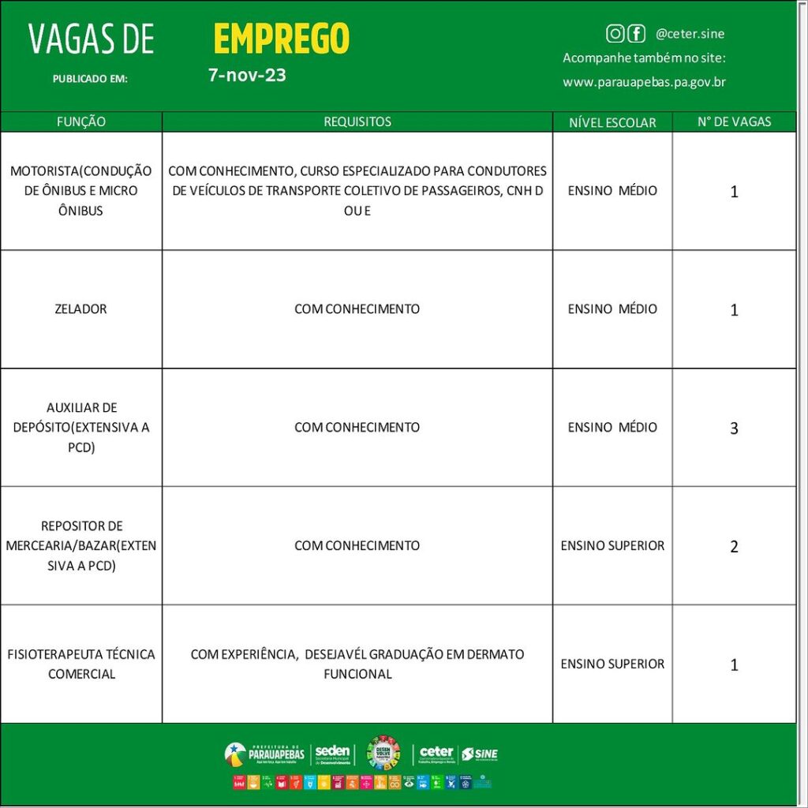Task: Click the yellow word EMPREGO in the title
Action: coord(281,39)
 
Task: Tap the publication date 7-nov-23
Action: coord(247,76)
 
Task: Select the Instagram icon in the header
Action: coord(615,33)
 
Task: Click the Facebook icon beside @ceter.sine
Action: coord(636,33)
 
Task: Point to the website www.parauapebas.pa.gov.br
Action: coord(644,82)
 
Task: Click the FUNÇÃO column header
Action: coord(81,122)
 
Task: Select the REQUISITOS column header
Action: coord(357,122)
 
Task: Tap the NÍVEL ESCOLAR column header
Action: coord(612,122)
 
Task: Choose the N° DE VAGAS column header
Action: coord(734,122)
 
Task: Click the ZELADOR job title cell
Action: coord(81,309)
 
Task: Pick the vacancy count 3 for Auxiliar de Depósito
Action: coord(734,428)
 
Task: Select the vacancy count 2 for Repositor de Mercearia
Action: coord(734,547)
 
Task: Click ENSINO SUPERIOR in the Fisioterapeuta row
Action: coord(612,664)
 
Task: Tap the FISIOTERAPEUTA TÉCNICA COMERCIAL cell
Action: coord(81,664)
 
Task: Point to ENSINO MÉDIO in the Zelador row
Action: coord(612,309)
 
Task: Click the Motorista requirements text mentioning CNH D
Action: coord(357,190)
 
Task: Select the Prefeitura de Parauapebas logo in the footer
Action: coord(264,754)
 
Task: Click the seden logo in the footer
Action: coord(332,754)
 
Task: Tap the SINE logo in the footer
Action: coord(480,754)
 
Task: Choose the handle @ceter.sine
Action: coord(690,34)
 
